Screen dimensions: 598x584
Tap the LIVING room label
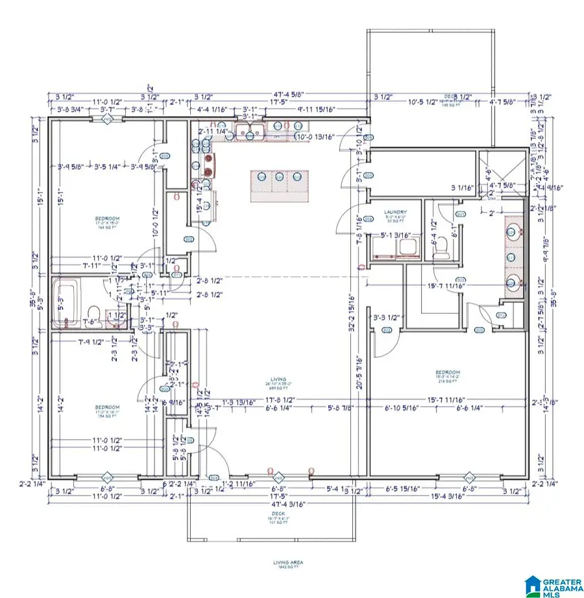pyautogui.click(x=280, y=379)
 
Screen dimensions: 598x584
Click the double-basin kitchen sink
pyautogui.click(x=249, y=134)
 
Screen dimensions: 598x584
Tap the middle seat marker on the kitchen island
pyautogui.click(x=279, y=176)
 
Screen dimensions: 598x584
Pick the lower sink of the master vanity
pyautogui.click(x=511, y=282)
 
